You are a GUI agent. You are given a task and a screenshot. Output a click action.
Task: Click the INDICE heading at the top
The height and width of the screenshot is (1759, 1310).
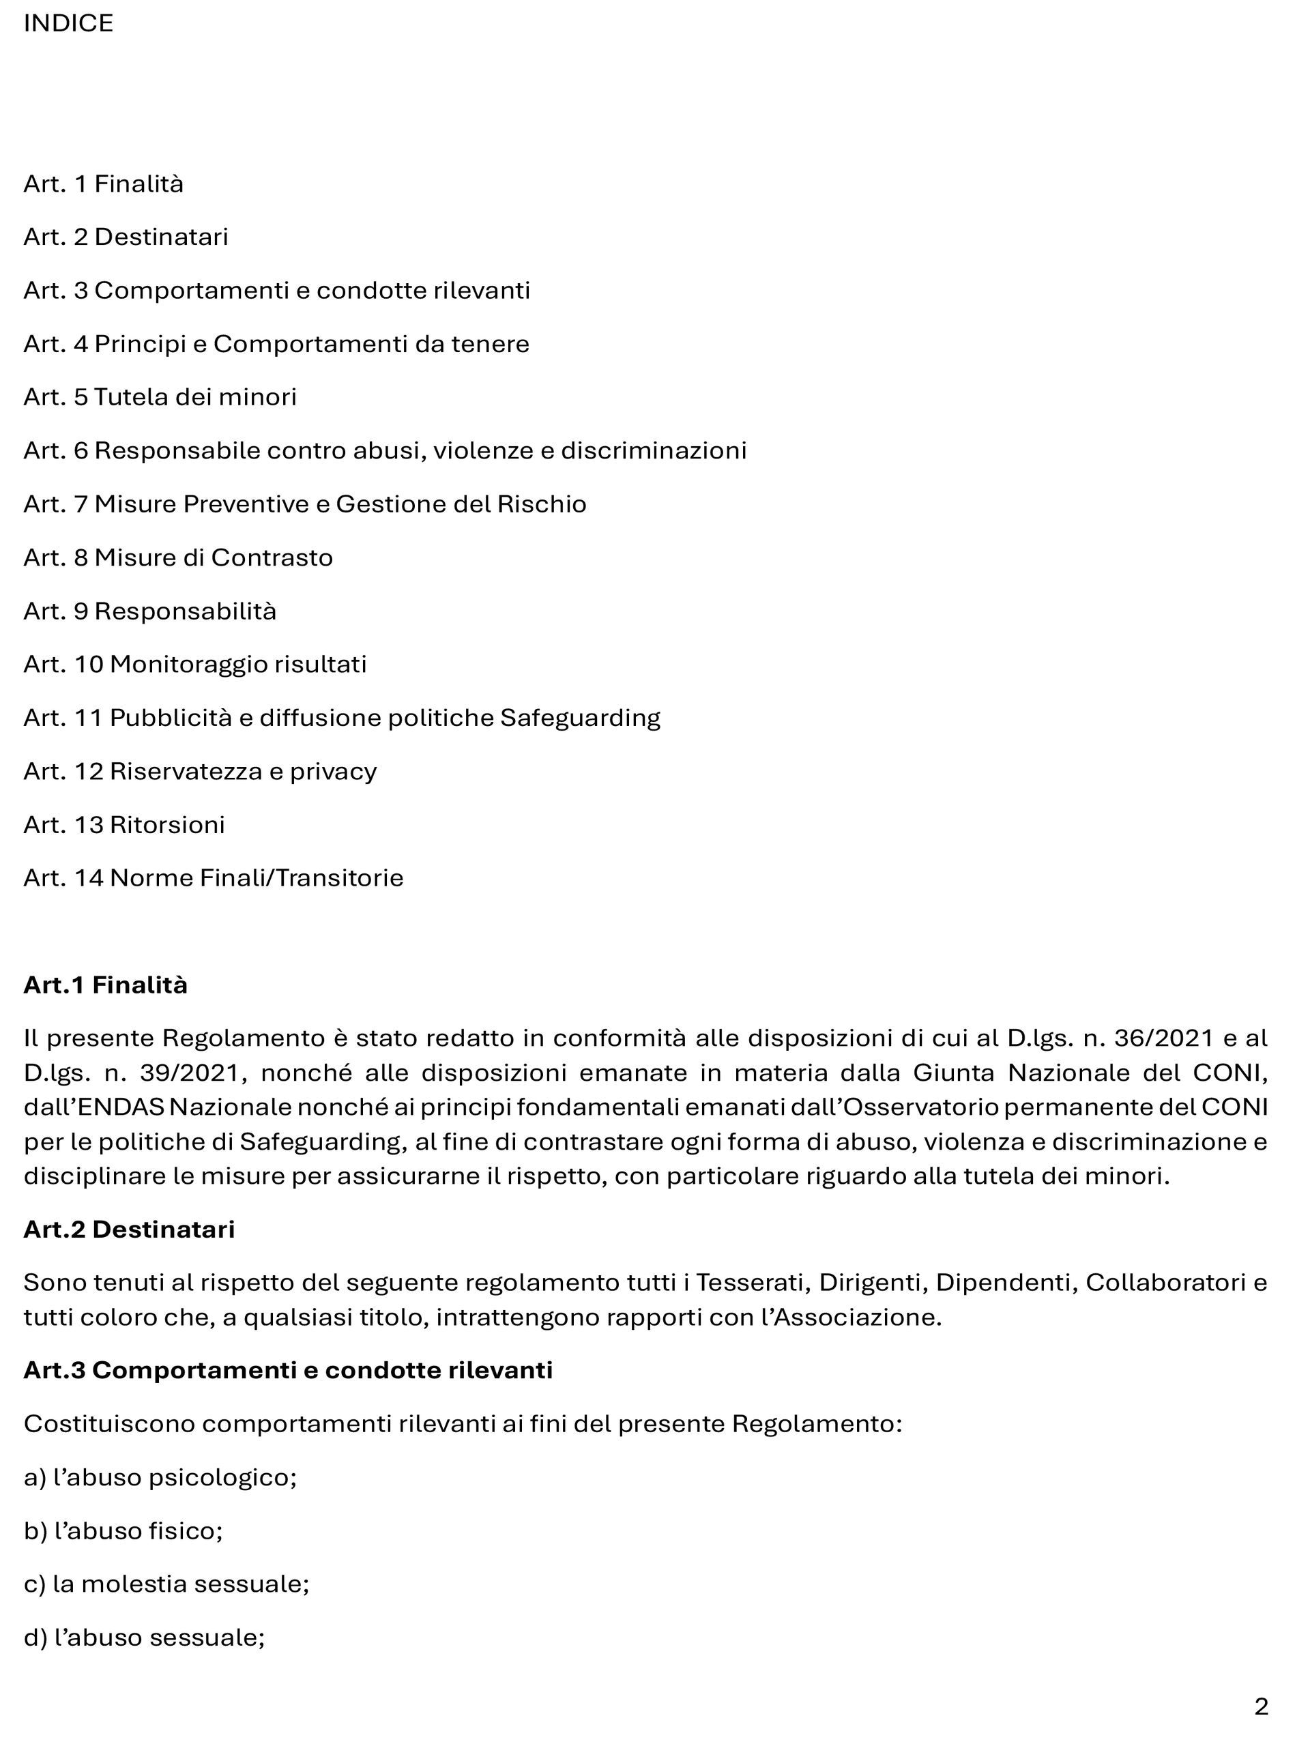[x=68, y=24]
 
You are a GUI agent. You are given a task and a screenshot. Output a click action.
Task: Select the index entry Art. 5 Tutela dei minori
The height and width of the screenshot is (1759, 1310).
[x=160, y=396]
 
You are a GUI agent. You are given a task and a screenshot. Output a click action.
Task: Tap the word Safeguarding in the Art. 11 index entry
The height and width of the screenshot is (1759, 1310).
[x=580, y=718]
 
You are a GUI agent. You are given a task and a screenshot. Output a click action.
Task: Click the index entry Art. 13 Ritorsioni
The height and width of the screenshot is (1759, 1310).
[x=123, y=825]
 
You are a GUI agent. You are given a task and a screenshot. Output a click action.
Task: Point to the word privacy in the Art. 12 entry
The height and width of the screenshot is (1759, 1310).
[x=333, y=772]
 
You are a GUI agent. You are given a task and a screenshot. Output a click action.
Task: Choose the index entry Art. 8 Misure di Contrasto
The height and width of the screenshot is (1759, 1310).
[x=177, y=557]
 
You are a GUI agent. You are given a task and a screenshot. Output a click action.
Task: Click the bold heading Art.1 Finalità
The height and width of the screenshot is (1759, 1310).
[x=106, y=985]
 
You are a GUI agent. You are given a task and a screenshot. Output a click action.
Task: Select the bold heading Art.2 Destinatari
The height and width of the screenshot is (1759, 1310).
[x=128, y=1230]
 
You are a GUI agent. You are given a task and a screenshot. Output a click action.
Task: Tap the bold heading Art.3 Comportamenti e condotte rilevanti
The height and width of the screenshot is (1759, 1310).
[x=288, y=1370]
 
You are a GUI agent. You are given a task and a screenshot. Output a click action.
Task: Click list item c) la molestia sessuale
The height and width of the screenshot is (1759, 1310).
[x=166, y=1584]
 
